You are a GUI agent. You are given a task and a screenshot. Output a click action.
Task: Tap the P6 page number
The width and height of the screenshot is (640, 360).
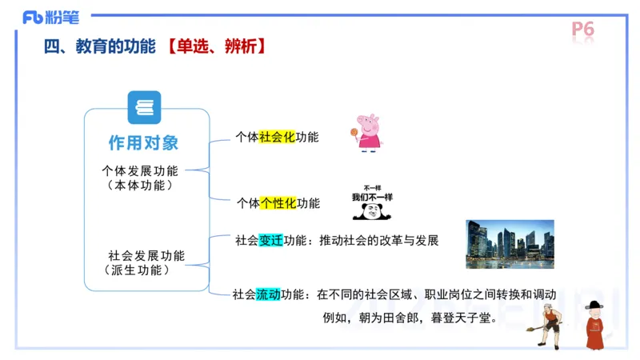(x=583, y=30)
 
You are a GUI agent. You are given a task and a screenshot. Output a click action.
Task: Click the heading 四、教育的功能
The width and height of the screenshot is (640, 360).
(x=99, y=47)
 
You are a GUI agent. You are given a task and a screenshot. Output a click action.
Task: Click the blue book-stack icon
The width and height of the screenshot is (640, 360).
(x=144, y=107)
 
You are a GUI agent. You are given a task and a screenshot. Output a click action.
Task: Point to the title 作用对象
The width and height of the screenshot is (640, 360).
(x=144, y=143)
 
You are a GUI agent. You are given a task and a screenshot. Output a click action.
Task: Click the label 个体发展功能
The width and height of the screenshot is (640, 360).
(x=140, y=170)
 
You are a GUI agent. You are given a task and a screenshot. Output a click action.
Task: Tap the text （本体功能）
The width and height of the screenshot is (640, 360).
(x=140, y=185)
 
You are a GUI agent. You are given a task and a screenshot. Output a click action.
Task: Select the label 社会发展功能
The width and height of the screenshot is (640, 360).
(x=146, y=256)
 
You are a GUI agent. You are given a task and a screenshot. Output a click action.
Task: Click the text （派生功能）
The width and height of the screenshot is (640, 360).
(x=138, y=270)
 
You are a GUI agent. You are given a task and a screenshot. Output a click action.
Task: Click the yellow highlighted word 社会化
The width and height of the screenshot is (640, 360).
(x=277, y=137)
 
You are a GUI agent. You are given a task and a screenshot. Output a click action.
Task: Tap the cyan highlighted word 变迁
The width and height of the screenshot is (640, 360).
(x=271, y=240)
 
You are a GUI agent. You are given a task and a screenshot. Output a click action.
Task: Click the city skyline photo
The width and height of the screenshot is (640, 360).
(x=510, y=244)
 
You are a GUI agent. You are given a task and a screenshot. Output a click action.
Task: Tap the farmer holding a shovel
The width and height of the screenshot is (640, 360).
(x=547, y=325)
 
